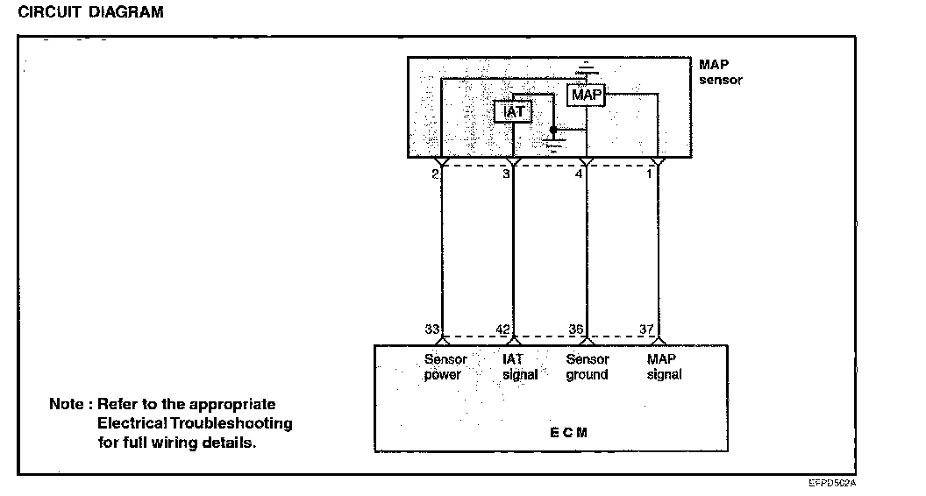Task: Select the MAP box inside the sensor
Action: (x=586, y=94)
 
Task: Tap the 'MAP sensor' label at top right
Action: (x=720, y=72)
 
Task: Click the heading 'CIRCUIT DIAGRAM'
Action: (x=90, y=13)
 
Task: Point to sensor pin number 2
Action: (x=434, y=174)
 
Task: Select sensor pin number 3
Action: (x=506, y=174)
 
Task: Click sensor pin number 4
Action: (x=578, y=174)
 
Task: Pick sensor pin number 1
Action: (x=650, y=174)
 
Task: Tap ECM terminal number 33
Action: (x=431, y=329)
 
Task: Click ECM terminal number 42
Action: (x=504, y=329)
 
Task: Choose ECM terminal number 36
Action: (x=576, y=329)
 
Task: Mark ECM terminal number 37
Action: (x=647, y=329)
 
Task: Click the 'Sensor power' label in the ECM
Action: (x=445, y=367)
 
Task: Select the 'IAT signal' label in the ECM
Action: (x=520, y=367)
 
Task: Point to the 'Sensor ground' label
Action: (x=587, y=367)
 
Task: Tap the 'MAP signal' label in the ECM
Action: (x=664, y=367)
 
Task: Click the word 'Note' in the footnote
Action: (x=66, y=405)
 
